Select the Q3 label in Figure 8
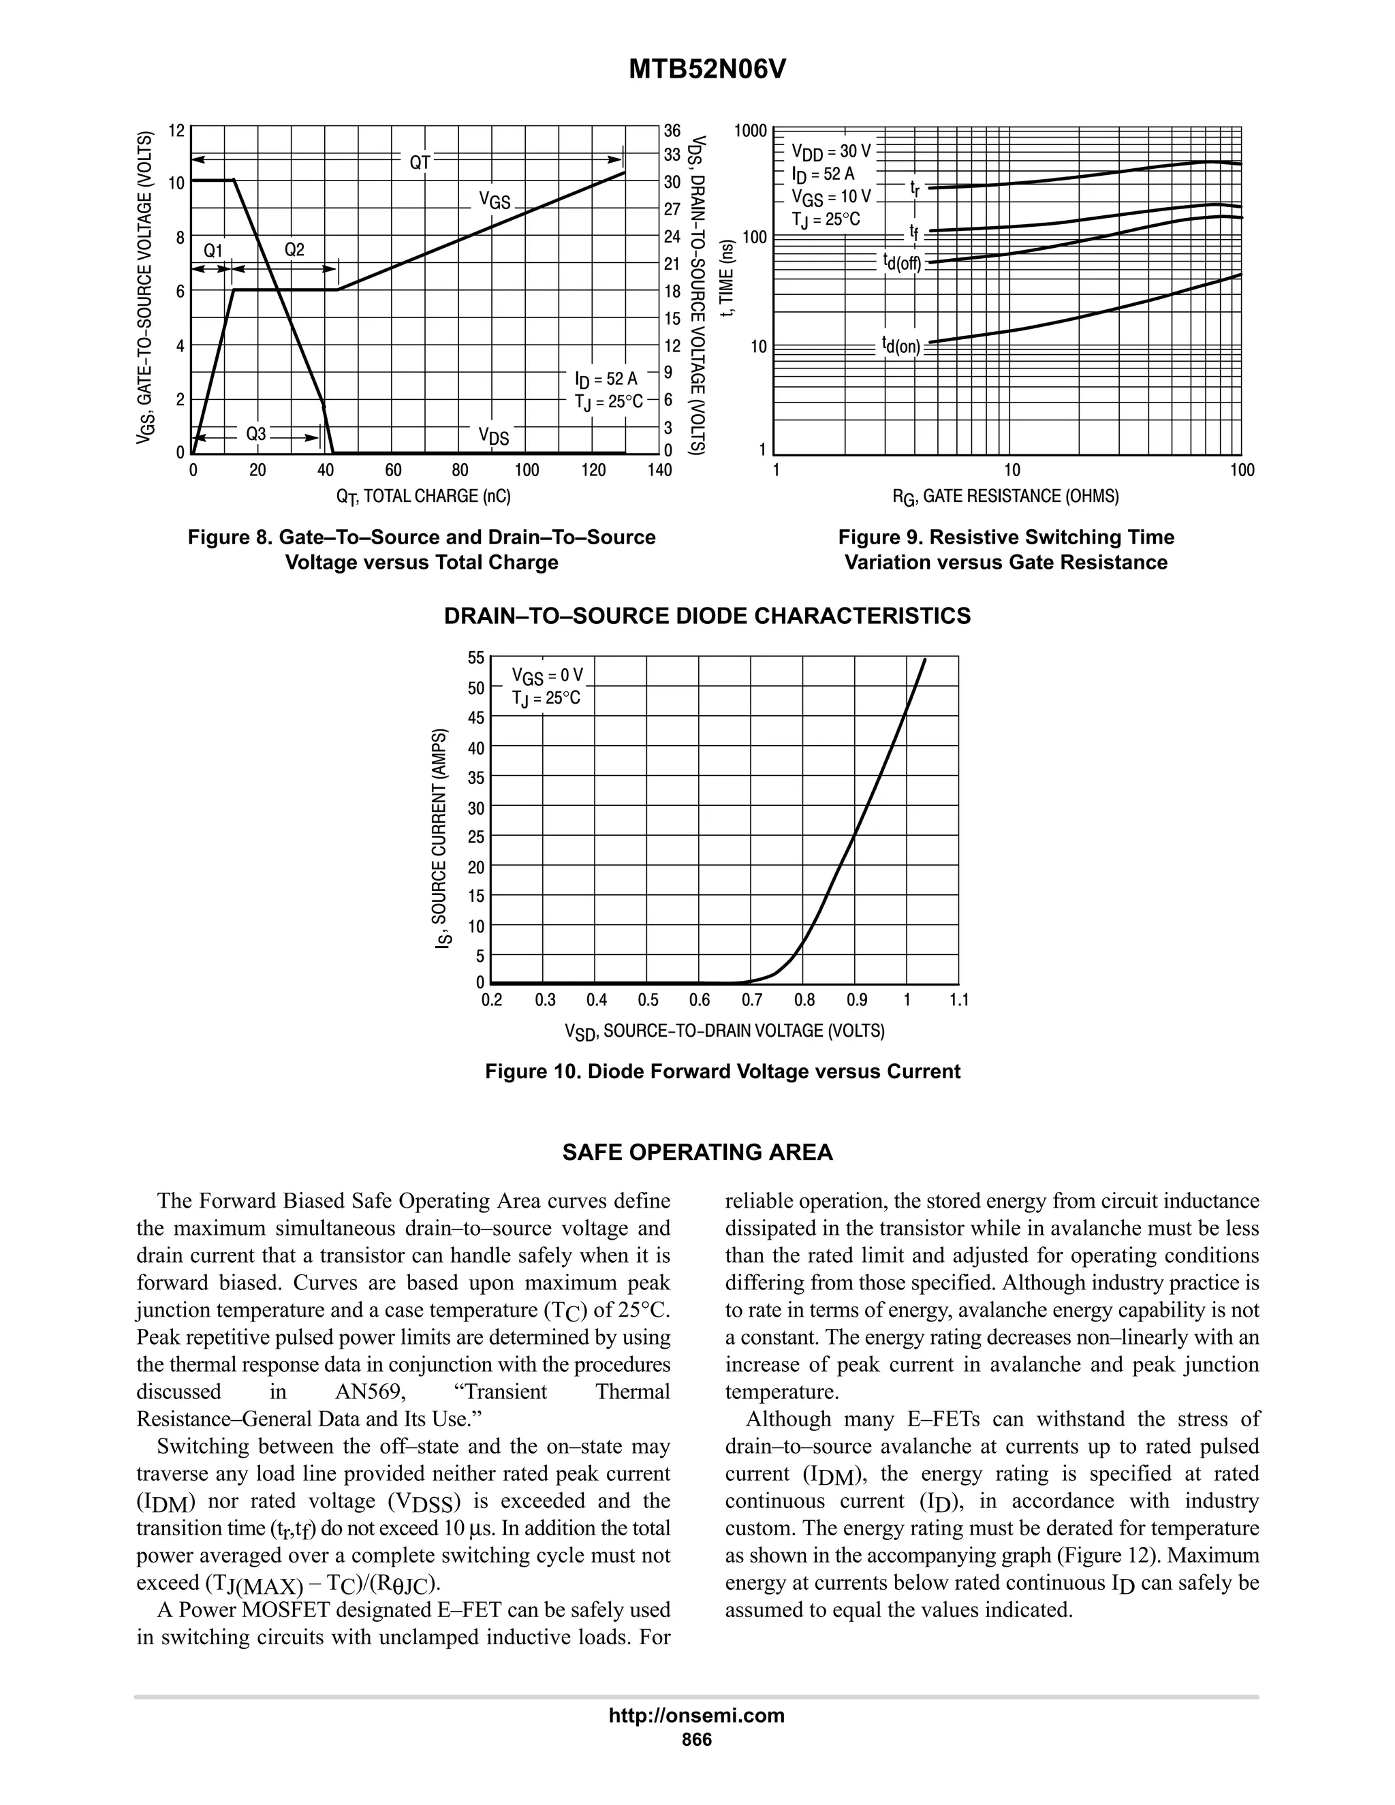pos(256,434)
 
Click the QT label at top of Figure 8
pos(420,162)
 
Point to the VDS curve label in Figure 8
pos(493,437)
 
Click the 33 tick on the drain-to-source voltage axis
pos(672,155)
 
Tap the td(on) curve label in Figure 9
pos(900,345)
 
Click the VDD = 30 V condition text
pos(830,152)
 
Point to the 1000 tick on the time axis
pos(751,131)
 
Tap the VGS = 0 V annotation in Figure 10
pos(546,676)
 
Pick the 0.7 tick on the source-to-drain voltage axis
pos(751,1001)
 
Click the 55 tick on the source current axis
pos(476,659)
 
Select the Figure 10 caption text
pos(722,1072)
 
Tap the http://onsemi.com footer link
pos(696,1715)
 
